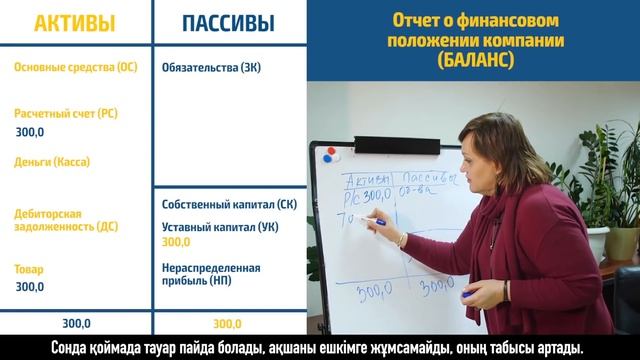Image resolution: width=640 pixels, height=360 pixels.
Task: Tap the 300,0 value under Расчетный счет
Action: pos(30,132)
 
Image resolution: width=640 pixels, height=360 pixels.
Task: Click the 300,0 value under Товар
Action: pos(30,287)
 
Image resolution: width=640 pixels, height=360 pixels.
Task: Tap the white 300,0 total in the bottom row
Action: pos(76,324)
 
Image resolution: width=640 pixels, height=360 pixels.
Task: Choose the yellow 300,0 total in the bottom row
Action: pos(228,324)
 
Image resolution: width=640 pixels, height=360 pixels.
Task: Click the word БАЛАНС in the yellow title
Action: pos(472,60)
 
